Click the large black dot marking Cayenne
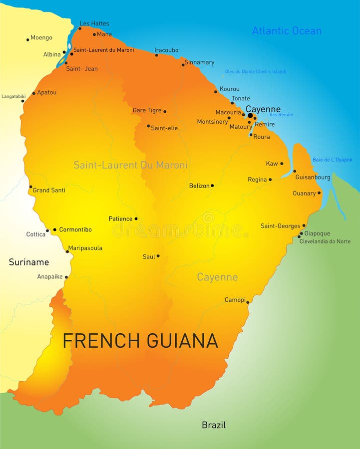pos(250,115)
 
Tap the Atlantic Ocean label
pos(286,31)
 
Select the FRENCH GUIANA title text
pos(140,341)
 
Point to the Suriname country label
pos(29,262)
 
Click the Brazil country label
pos(214,425)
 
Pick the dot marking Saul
pos(158,256)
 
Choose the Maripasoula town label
pos(85,248)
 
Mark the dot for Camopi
pos(248,302)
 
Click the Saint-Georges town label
pos(281,226)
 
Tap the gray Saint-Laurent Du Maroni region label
pos(131,165)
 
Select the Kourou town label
pos(230,89)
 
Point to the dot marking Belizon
pos(212,186)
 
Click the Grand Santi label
pos(49,190)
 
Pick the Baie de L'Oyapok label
pos(332,160)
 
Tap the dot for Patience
pos(136,219)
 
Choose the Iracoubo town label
pos(166,50)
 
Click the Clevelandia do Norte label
pos(325,241)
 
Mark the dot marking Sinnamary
pos(183,64)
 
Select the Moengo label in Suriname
pos(41,37)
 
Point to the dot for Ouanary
pos(319,193)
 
